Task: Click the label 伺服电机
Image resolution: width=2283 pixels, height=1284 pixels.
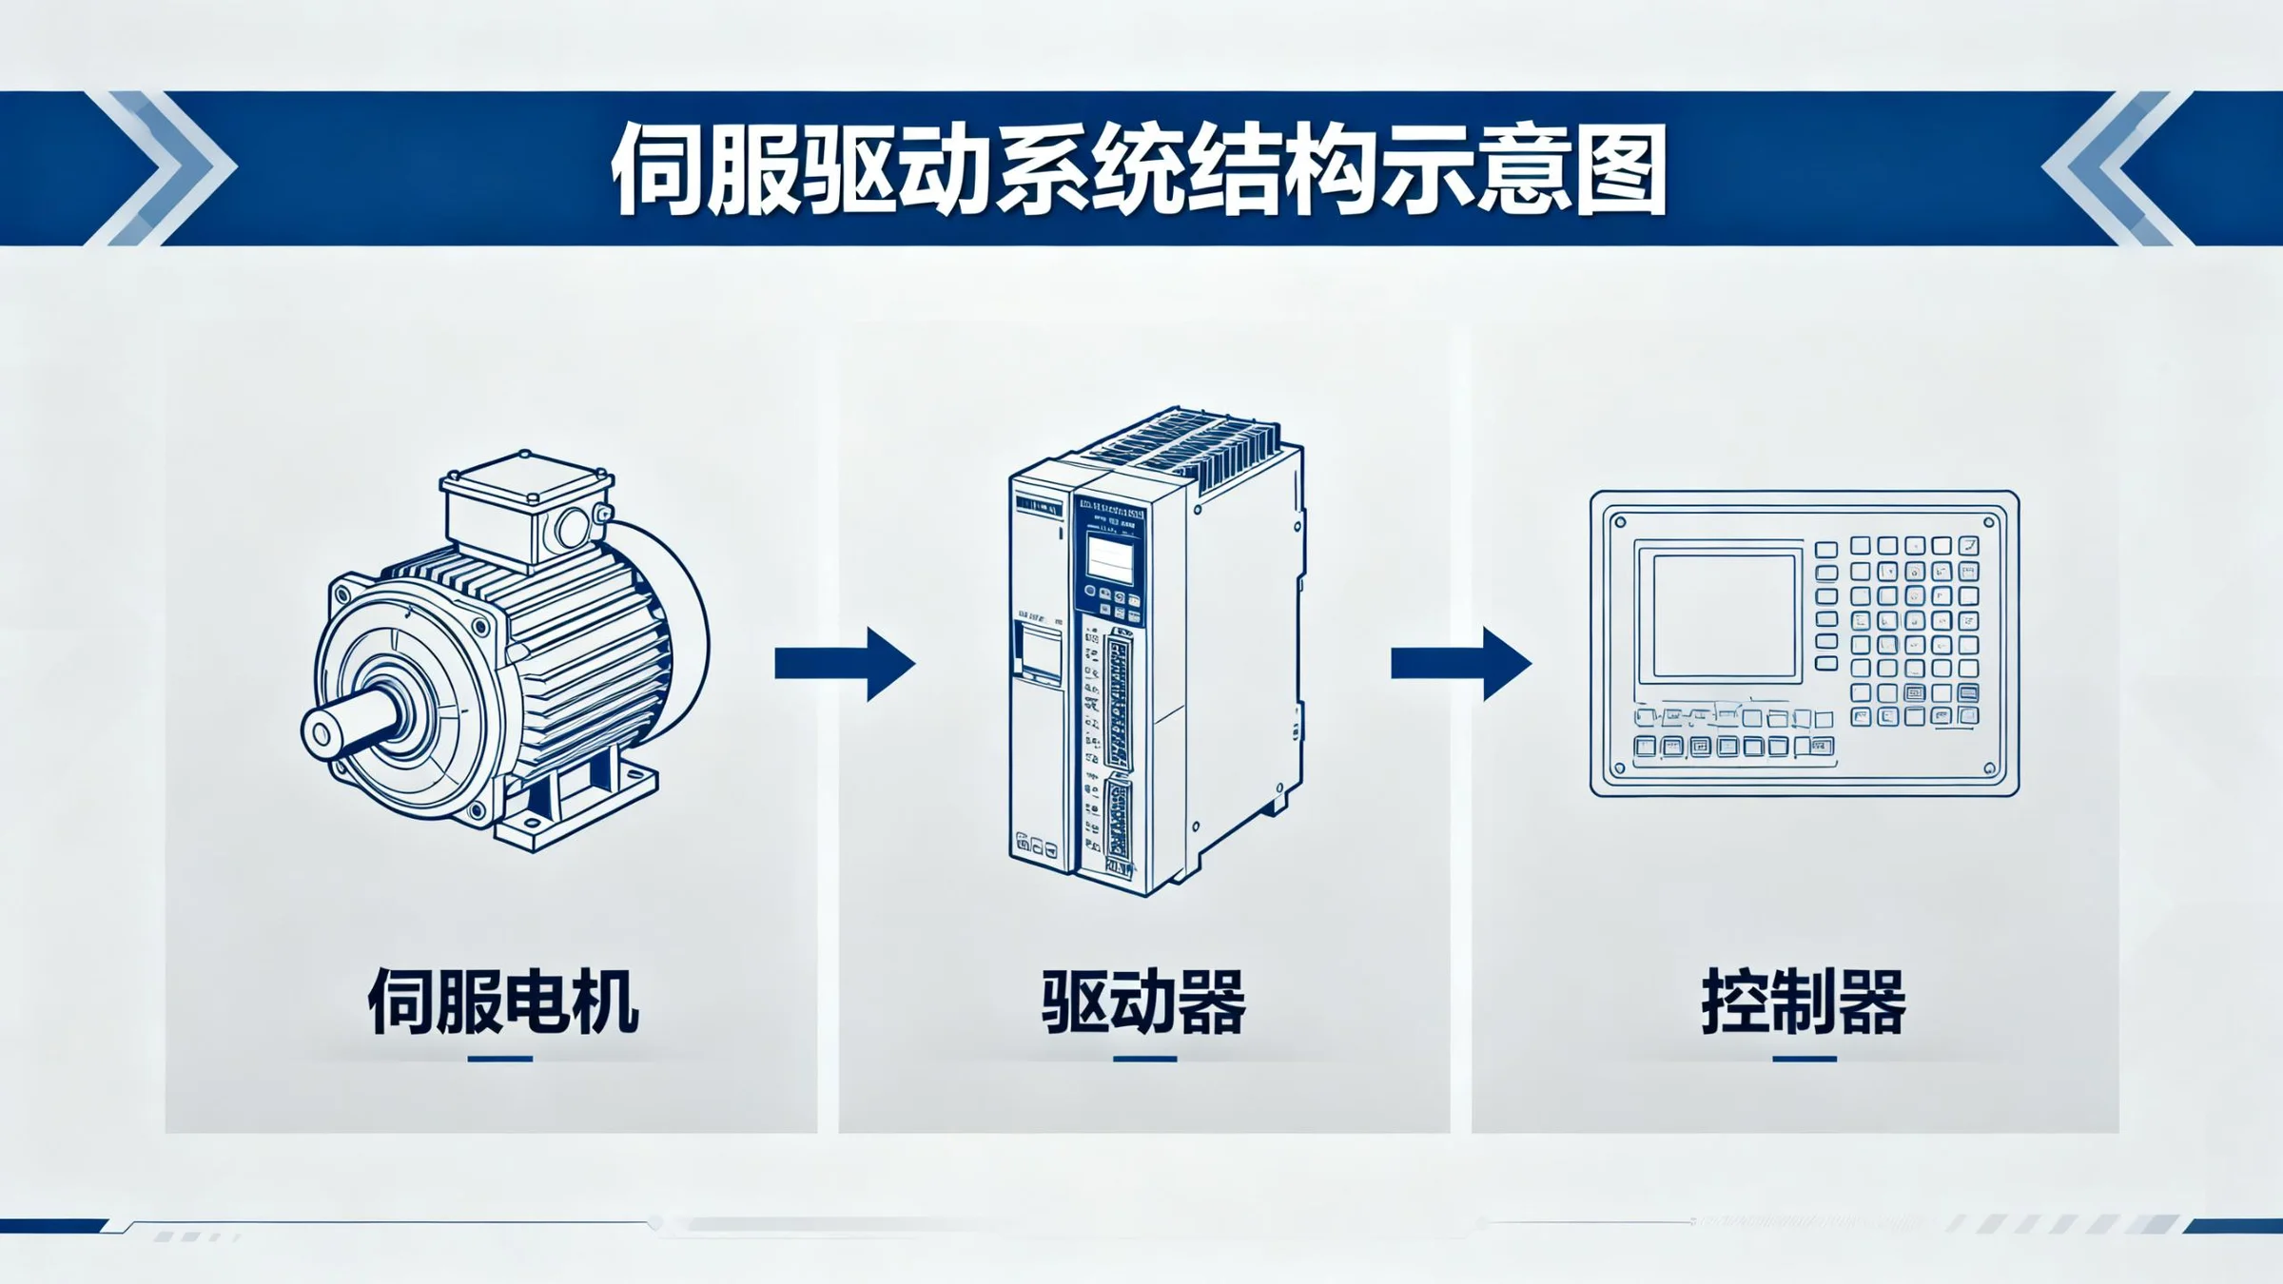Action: pyautogui.click(x=502, y=1002)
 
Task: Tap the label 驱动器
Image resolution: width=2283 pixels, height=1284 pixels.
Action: pyautogui.click(x=1143, y=1002)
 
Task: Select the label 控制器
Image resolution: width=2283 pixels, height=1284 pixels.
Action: pyautogui.click(x=1804, y=1002)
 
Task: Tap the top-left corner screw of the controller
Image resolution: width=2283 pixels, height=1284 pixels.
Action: pyautogui.click(x=1620, y=522)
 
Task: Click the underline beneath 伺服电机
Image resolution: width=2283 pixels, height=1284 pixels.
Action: pyautogui.click(x=500, y=1059)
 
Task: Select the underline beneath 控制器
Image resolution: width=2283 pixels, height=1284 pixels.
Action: pyautogui.click(x=1804, y=1059)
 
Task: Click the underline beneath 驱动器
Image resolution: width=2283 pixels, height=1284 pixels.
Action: pyautogui.click(x=1144, y=1059)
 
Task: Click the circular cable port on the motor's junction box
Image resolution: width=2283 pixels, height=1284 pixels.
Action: pyautogui.click(x=574, y=527)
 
